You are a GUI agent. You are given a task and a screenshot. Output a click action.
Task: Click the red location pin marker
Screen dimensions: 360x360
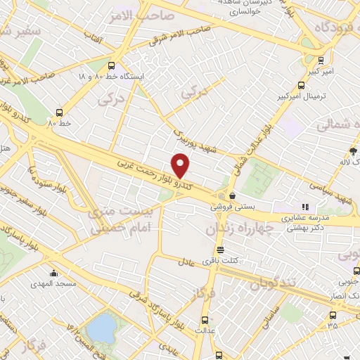pos(181,165)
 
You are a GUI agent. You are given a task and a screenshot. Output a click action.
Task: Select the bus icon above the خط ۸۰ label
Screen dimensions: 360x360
pos(59,112)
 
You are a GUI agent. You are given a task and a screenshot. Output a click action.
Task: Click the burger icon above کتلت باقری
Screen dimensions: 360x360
pos(220,250)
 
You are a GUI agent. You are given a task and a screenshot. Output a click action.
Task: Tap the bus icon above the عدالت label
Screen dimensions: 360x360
pos(205,318)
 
